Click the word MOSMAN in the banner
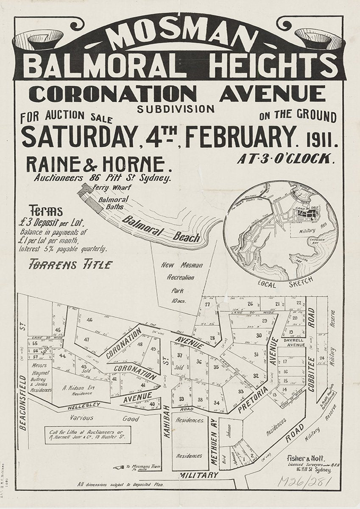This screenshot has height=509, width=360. point(180,37)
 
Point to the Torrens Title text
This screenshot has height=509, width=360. point(70,265)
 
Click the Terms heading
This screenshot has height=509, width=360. point(46,211)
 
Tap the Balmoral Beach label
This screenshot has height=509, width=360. point(161,229)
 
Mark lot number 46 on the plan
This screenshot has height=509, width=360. point(89,320)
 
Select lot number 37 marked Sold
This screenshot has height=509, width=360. point(180,355)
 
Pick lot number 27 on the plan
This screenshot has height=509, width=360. point(207,305)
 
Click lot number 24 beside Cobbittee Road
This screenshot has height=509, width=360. point(322,358)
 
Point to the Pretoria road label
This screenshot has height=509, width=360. point(252,399)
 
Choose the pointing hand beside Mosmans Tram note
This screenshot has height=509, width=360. point(119,468)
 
